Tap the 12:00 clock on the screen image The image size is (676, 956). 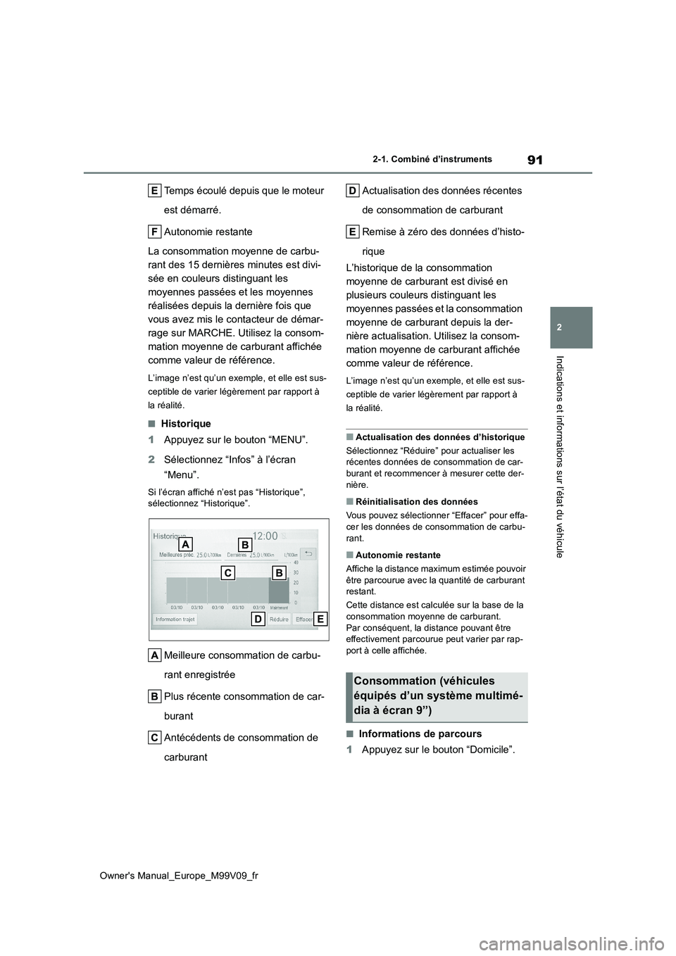point(265,536)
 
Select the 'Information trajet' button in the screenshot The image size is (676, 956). point(175,619)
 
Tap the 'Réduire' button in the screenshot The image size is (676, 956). point(279,619)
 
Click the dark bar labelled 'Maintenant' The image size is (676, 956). point(279,590)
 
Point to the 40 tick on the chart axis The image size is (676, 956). point(296,562)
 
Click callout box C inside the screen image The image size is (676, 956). point(227,573)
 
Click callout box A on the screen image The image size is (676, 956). point(184,545)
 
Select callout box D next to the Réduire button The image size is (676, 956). point(258,619)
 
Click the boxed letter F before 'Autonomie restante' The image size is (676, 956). point(154,232)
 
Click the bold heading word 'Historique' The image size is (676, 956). point(186,424)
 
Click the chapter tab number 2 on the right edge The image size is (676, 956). point(571,328)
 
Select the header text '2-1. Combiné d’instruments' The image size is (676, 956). point(432,159)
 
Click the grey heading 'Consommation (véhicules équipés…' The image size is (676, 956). point(437,696)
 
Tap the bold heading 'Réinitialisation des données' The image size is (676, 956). point(417,502)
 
